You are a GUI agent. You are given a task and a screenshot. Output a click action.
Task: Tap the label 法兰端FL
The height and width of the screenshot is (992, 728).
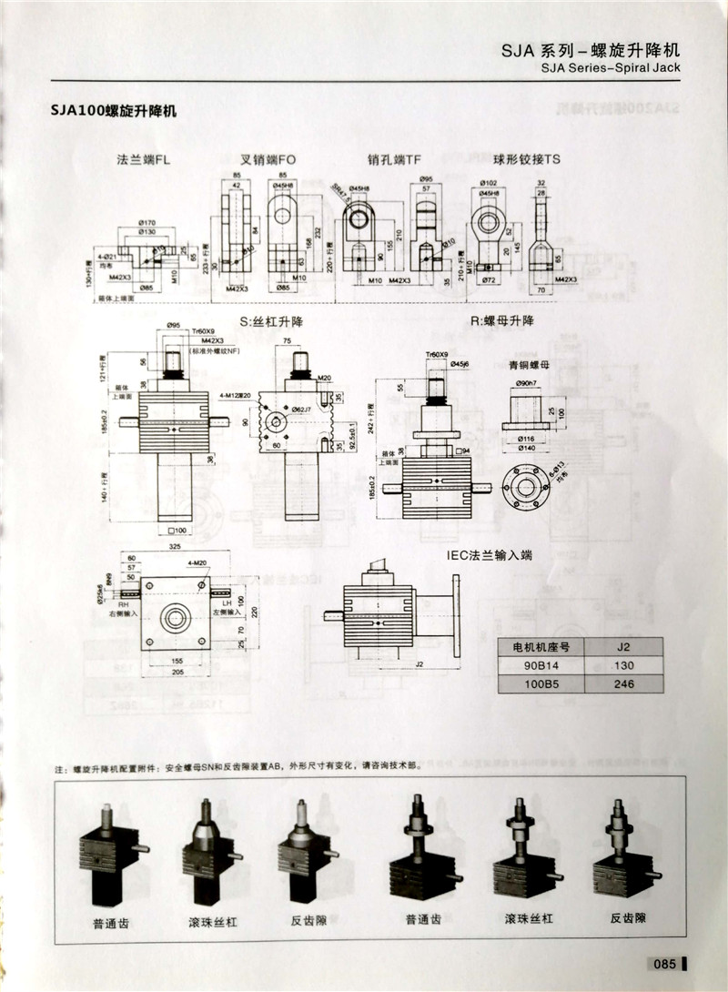(143, 159)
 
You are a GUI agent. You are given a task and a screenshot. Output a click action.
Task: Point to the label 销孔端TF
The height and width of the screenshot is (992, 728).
(394, 159)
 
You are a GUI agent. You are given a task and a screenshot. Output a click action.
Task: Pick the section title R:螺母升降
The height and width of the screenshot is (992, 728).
(501, 322)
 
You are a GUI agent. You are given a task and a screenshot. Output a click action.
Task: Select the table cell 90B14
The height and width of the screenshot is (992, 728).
(539, 665)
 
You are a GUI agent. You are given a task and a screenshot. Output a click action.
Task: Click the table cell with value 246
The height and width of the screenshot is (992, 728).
(622, 683)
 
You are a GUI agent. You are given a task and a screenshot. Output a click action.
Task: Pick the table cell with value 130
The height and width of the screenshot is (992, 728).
(622, 665)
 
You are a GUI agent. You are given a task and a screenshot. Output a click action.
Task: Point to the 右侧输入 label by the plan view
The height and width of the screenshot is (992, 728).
(124, 613)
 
